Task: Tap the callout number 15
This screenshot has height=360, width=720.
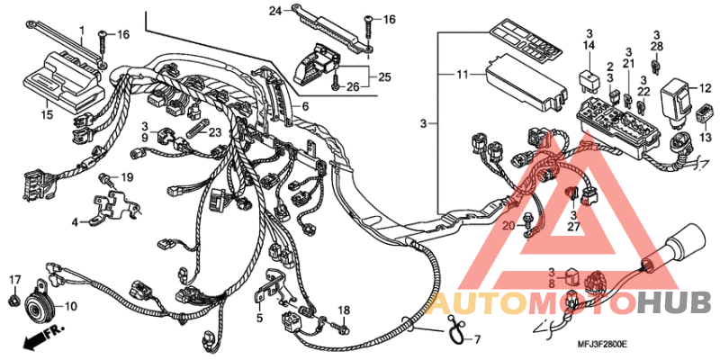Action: click(x=47, y=114)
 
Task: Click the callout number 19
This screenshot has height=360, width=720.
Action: click(x=127, y=176)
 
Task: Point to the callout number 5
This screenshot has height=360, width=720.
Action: click(x=258, y=318)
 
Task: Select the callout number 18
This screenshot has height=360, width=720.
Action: click(x=343, y=310)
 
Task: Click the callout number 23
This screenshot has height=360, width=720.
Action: click(x=214, y=131)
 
